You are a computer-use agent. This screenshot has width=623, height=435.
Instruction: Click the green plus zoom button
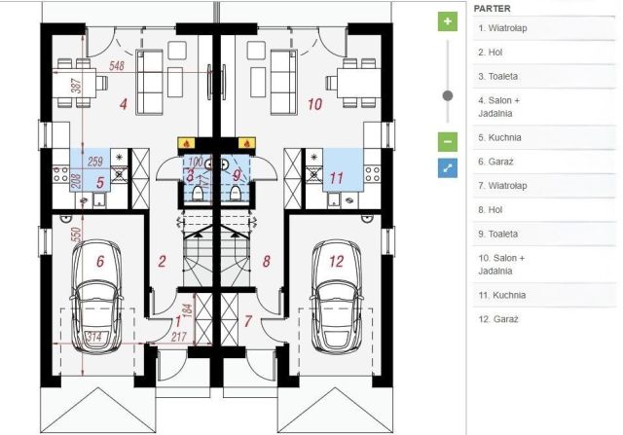point(448,21)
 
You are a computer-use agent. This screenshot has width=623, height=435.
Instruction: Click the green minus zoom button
point(448,142)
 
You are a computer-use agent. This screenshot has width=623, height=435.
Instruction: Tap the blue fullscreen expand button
point(448,168)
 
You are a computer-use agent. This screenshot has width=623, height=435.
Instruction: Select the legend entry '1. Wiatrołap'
point(502,28)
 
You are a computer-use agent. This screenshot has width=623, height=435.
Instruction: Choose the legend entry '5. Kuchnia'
point(499,137)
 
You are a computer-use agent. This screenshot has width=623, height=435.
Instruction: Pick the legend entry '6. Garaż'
point(495,162)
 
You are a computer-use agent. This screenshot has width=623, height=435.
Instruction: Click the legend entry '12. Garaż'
point(498,319)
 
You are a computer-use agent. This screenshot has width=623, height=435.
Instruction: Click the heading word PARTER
point(492,9)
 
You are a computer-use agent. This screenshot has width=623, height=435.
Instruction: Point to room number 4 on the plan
point(124,104)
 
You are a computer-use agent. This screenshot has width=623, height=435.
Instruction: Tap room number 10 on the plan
point(314,104)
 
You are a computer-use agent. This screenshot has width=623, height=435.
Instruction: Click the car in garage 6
point(96,296)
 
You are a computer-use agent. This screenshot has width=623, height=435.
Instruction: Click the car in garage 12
point(336,296)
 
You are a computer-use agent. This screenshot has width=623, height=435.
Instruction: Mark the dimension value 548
point(117,65)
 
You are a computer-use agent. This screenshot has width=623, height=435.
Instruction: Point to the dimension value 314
point(93,337)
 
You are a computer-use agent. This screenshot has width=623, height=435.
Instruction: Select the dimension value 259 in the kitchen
point(95,162)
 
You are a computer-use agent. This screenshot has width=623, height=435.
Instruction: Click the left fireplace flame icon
point(186,143)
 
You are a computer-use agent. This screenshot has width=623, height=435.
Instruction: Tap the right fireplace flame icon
point(246,143)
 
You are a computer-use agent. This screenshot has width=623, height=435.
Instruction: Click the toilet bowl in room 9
point(235,193)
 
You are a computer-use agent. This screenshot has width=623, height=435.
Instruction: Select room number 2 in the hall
point(162,261)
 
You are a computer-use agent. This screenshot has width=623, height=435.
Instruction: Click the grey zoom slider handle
point(448,95)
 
